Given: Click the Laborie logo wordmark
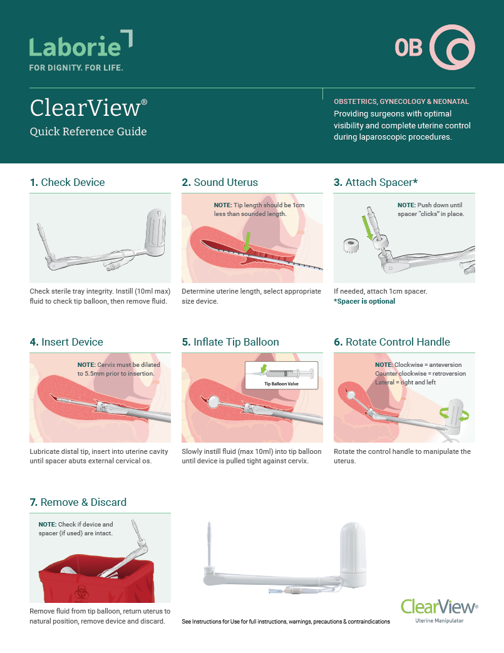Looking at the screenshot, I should (75, 46).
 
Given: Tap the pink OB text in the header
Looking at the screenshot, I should (408, 48).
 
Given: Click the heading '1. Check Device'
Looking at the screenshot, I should (68, 182).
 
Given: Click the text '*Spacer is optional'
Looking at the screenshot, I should (364, 301).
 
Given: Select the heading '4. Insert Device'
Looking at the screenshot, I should (66, 342).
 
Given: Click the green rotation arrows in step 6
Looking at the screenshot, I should (454, 414).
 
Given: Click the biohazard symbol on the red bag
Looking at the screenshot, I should (80, 592).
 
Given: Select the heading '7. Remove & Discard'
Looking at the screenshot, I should (78, 502).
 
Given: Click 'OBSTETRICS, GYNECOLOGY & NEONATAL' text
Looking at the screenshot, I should (401, 101).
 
